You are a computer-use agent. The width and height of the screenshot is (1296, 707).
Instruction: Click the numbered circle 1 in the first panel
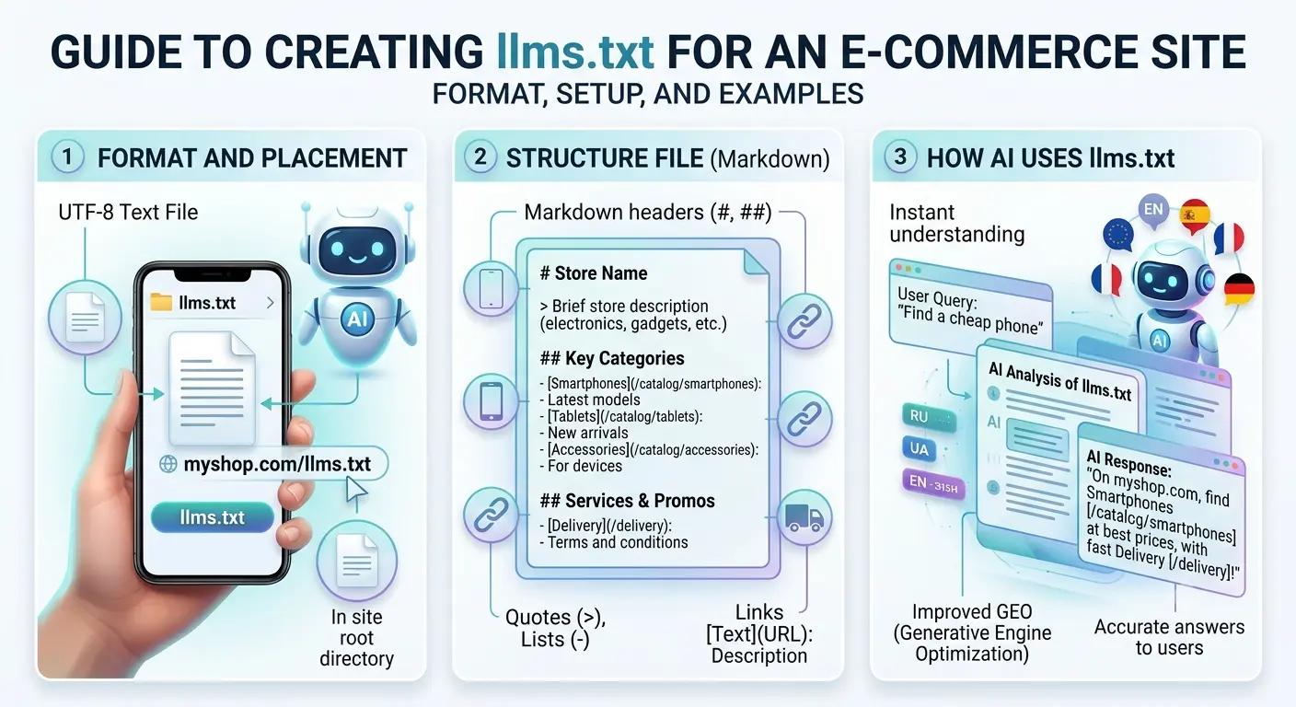click(x=68, y=157)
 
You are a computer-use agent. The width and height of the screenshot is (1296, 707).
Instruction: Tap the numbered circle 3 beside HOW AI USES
click(x=899, y=156)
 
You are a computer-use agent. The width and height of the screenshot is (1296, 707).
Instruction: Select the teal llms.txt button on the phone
click(x=213, y=516)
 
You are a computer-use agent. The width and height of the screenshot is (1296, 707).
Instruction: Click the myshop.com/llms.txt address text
click(x=277, y=464)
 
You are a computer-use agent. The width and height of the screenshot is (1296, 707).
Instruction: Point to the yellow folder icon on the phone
click(x=161, y=303)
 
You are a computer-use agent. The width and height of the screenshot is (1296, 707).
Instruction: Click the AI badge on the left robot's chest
click(x=357, y=319)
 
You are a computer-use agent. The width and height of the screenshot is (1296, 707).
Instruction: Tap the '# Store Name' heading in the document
click(x=594, y=273)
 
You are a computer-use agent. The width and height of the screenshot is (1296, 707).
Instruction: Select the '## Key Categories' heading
click(x=612, y=358)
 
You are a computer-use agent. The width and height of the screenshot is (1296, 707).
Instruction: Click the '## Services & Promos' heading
click(x=627, y=501)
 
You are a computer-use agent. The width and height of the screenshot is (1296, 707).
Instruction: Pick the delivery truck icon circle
click(x=804, y=517)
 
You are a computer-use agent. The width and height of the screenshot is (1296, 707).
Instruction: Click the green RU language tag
click(x=928, y=417)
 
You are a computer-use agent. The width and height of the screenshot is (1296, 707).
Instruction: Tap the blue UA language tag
click(x=920, y=449)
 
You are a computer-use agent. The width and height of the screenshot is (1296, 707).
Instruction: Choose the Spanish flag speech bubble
click(x=1194, y=216)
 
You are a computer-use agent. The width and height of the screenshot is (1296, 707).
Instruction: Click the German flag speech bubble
click(x=1239, y=290)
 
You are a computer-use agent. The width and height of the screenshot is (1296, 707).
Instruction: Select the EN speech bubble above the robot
click(x=1153, y=210)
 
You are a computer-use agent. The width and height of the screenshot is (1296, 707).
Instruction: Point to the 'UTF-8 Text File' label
click(x=128, y=213)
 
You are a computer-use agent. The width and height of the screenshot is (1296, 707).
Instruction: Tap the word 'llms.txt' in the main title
click(x=575, y=52)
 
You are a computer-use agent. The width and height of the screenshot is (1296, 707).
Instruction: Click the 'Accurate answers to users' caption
click(x=1169, y=637)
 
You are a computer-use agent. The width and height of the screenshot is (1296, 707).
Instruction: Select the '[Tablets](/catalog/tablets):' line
click(x=624, y=417)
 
